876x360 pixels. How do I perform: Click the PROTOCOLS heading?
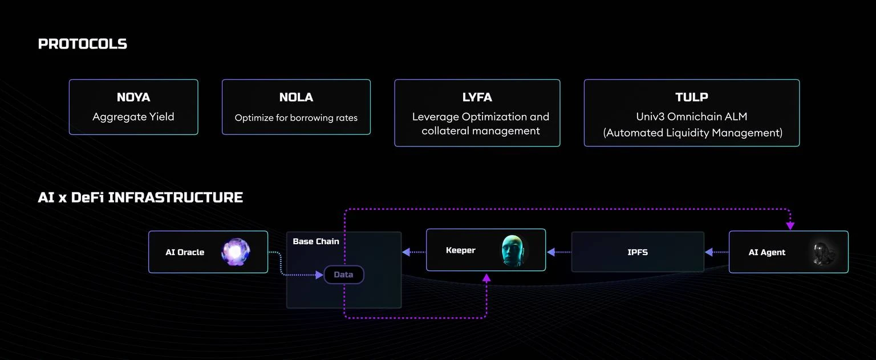pyautogui.click(x=82, y=44)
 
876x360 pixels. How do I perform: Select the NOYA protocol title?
pyautogui.click(x=133, y=98)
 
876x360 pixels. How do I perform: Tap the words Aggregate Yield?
pyautogui.click(x=133, y=117)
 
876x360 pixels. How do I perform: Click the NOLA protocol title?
pyautogui.click(x=296, y=98)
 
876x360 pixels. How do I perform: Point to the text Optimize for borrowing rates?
pyautogui.click(x=296, y=118)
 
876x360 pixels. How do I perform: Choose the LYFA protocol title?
pyautogui.click(x=477, y=98)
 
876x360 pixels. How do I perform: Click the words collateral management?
pyautogui.click(x=480, y=131)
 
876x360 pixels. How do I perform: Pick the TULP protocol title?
pyautogui.click(x=692, y=98)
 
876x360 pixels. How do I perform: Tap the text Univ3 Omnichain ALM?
pyautogui.click(x=692, y=117)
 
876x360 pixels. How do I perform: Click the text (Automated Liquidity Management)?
pyautogui.click(x=692, y=133)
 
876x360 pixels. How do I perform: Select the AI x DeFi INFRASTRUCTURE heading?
pyautogui.click(x=140, y=197)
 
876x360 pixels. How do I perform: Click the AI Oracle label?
pyautogui.click(x=185, y=252)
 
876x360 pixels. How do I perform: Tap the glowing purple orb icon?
pyautogui.click(x=236, y=252)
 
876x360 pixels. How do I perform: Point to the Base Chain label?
pyautogui.click(x=316, y=241)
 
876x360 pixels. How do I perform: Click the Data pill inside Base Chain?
pyautogui.click(x=343, y=274)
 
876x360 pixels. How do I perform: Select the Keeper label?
pyautogui.click(x=460, y=250)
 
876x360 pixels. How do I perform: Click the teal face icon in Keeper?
pyautogui.click(x=513, y=250)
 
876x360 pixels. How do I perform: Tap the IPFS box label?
pyautogui.click(x=638, y=252)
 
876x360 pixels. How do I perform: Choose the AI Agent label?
pyautogui.click(x=766, y=252)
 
